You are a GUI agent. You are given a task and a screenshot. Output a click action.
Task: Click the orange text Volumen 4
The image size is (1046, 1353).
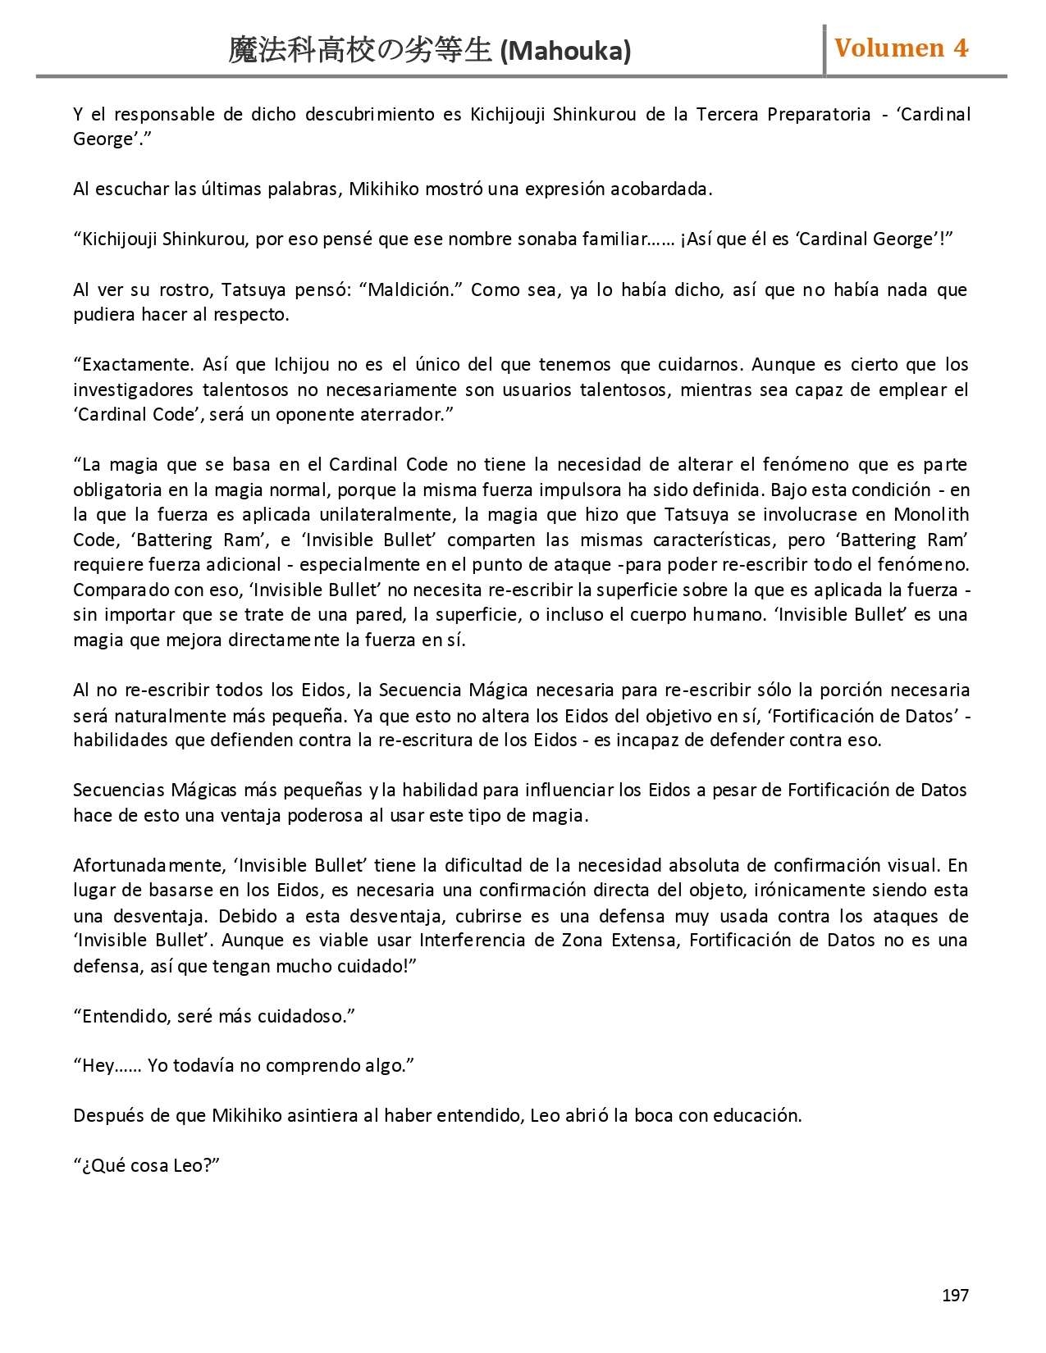901,48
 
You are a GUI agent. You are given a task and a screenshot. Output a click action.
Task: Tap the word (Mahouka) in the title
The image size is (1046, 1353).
565,52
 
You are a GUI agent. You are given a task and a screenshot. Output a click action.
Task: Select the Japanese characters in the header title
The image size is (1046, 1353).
361,52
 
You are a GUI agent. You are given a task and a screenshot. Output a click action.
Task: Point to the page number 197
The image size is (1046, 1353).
955,1296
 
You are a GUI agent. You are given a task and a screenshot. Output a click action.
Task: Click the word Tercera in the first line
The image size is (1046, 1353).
728,114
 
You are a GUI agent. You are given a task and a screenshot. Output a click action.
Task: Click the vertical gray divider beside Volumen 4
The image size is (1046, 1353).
824,50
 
